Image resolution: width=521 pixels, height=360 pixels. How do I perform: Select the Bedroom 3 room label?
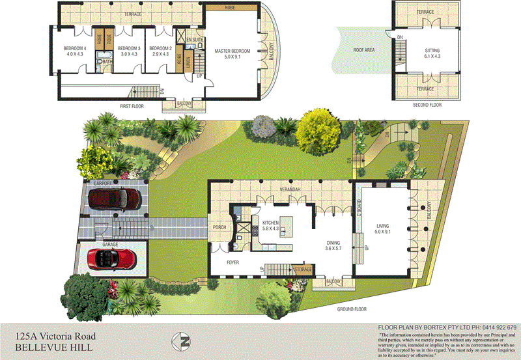(129, 49)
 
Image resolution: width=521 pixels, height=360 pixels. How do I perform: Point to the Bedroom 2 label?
(160, 49)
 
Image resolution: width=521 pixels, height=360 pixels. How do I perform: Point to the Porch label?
(219, 228)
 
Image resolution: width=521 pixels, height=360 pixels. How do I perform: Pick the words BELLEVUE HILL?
(53, 348)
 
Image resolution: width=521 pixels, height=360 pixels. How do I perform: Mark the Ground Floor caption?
(352, 309)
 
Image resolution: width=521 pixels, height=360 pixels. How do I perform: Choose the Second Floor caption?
(427, 105)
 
